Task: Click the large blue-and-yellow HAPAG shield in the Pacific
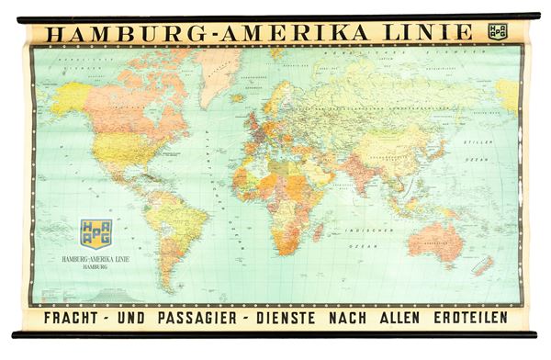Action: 96,234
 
